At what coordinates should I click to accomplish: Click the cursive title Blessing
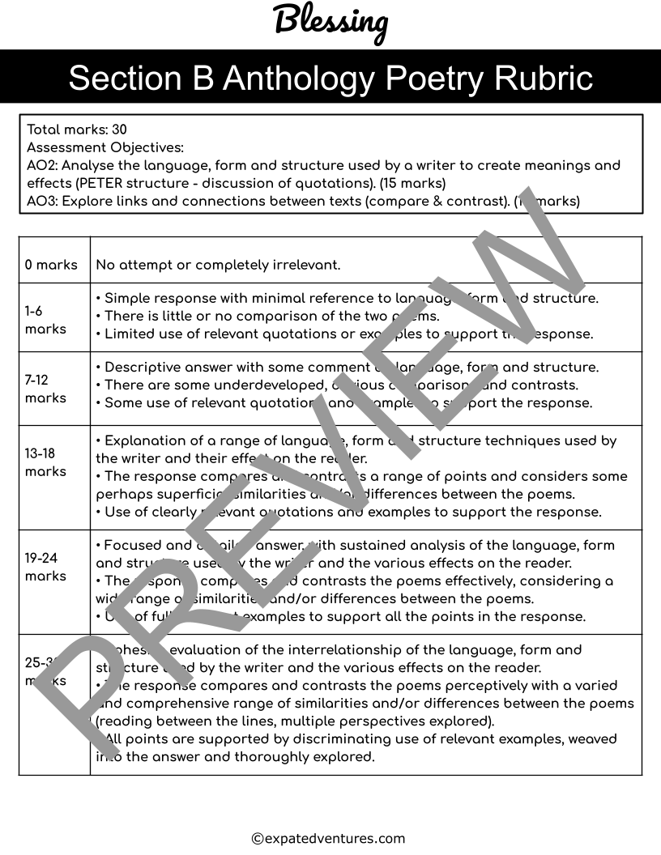[x=330, y=21]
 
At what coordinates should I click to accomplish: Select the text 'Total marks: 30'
[x=77, y=130]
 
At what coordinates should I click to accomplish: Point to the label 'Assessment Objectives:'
[x=105, y=147]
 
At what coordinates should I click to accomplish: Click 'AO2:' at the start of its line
[x=41, y=165]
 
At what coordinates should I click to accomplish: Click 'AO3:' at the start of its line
[x=41, y=201]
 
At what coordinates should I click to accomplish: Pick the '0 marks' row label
[x=51, y=265]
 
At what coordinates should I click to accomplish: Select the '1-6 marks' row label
[x=45, y=320]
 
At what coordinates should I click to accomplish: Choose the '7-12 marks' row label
[x=45, y=389]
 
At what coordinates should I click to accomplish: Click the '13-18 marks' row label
[x=45, y=462]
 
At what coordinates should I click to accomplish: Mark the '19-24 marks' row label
[x=45, y=567]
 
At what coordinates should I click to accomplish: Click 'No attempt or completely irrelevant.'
[x=218, y=265]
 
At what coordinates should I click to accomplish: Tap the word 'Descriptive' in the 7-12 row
[x=142, y=368]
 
